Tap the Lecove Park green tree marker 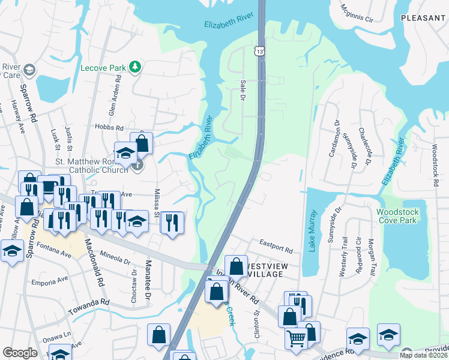(136, 67)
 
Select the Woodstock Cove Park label (401, 216)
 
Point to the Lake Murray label (312, 232)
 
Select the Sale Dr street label (243, 89)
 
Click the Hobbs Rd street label (109, 127)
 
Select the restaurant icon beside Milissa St (172, 223)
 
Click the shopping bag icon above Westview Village (237, 265)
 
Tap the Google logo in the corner (20, 353)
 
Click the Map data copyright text (423, 355)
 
